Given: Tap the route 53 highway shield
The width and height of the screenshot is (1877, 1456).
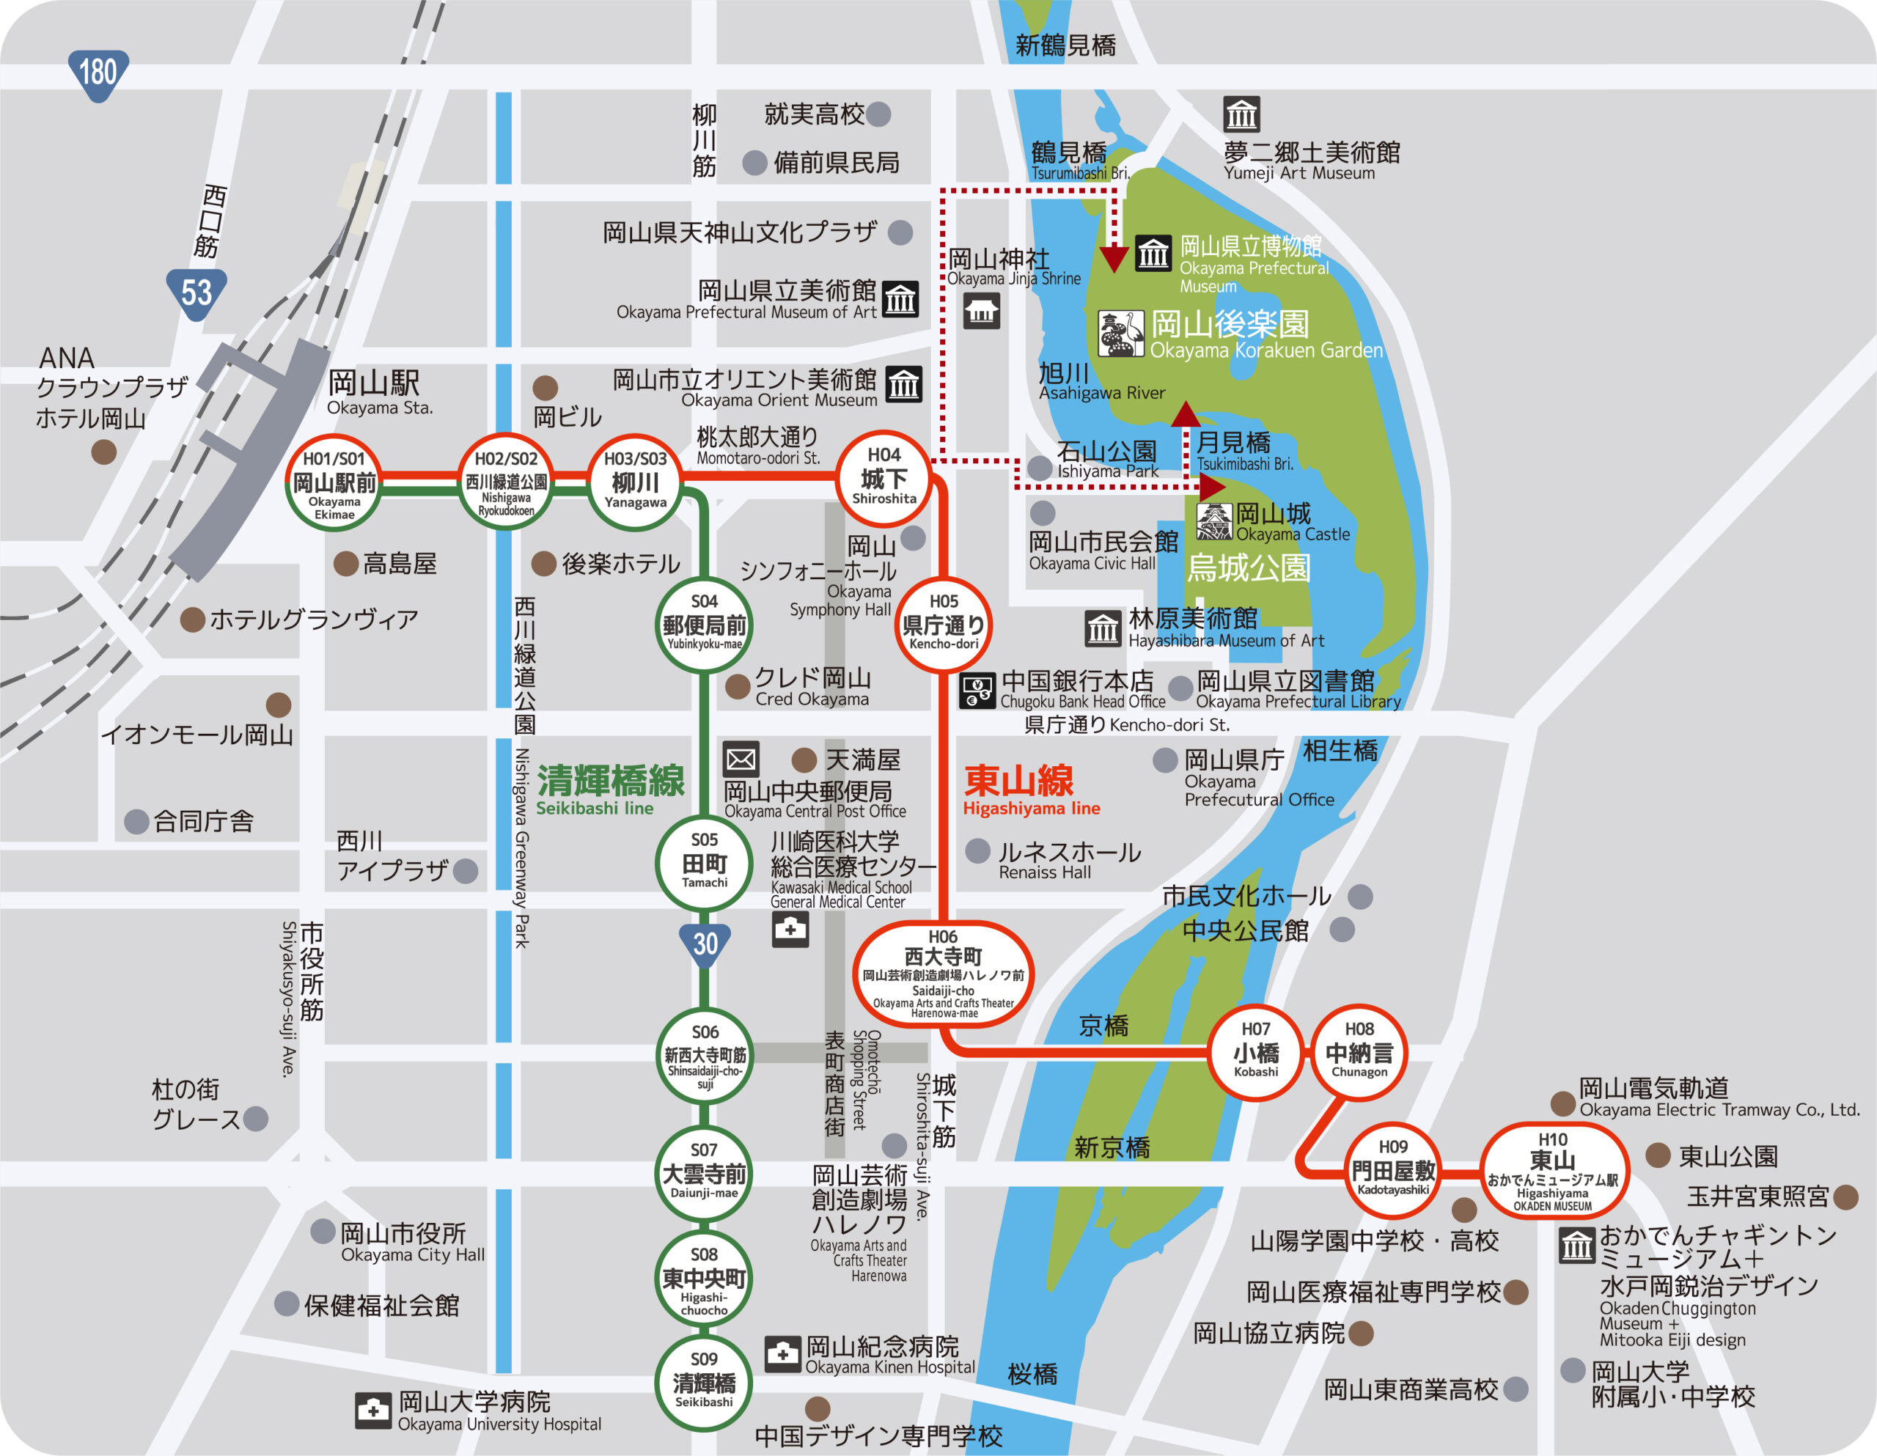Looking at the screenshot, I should point(196,293).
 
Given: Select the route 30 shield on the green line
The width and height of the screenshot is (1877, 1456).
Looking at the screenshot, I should point(705,944).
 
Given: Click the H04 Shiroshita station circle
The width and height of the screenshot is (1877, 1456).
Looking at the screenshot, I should point(884,478).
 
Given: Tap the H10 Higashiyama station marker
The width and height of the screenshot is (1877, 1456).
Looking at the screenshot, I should point(1552,1172).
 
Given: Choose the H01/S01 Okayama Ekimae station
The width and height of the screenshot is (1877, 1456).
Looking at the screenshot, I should point(334,483).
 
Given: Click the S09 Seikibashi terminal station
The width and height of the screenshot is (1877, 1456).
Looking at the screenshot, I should point(704,1381).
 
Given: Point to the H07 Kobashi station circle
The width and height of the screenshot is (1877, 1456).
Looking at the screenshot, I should point(1256,1052).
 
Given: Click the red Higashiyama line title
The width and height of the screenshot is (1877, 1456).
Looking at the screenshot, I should point(1020,782).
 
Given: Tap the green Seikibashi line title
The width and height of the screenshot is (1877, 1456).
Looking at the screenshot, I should point(611,782).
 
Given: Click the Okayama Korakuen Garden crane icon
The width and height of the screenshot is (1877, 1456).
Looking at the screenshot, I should point(1120,334).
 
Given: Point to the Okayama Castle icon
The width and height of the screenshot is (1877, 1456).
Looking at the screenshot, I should point(1214,521).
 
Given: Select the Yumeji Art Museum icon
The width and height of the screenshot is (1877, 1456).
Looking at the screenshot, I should point(1241,114).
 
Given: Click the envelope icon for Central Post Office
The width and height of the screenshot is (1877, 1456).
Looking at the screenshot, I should point(740,759).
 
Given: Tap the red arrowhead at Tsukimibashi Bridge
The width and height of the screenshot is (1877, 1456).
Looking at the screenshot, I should point(1186,415).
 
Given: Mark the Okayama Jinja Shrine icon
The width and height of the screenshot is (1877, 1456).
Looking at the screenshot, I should point(980,311).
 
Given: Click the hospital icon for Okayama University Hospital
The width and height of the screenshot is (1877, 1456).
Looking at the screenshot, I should point(373,1411).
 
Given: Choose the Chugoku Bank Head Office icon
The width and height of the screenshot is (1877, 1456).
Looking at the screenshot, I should point(977,690).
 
